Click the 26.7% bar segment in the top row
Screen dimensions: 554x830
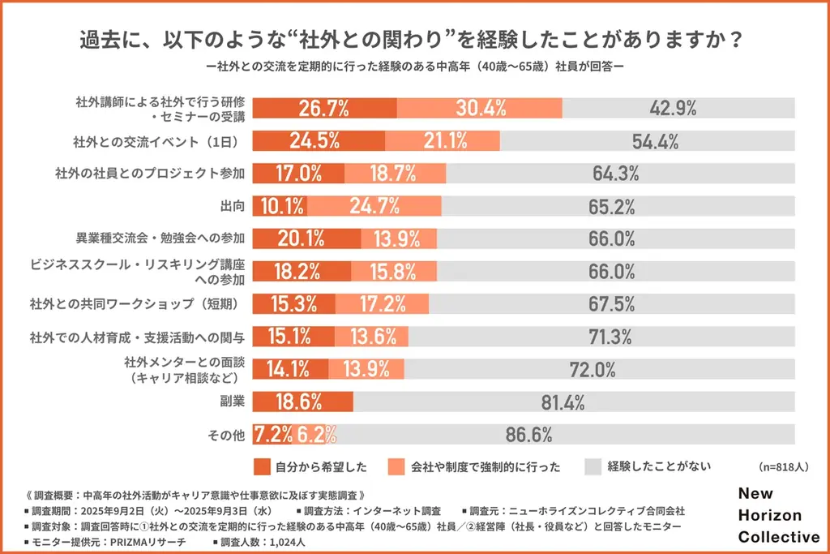tap(324, 108)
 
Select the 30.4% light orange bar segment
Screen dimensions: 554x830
tap(480, 108)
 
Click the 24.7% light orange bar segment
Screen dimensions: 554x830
tap(374, 206)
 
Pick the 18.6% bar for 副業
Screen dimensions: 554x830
tap(302, 401)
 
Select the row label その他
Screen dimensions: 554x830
tap(228, 435)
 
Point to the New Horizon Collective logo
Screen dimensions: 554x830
tap(778, 515)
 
